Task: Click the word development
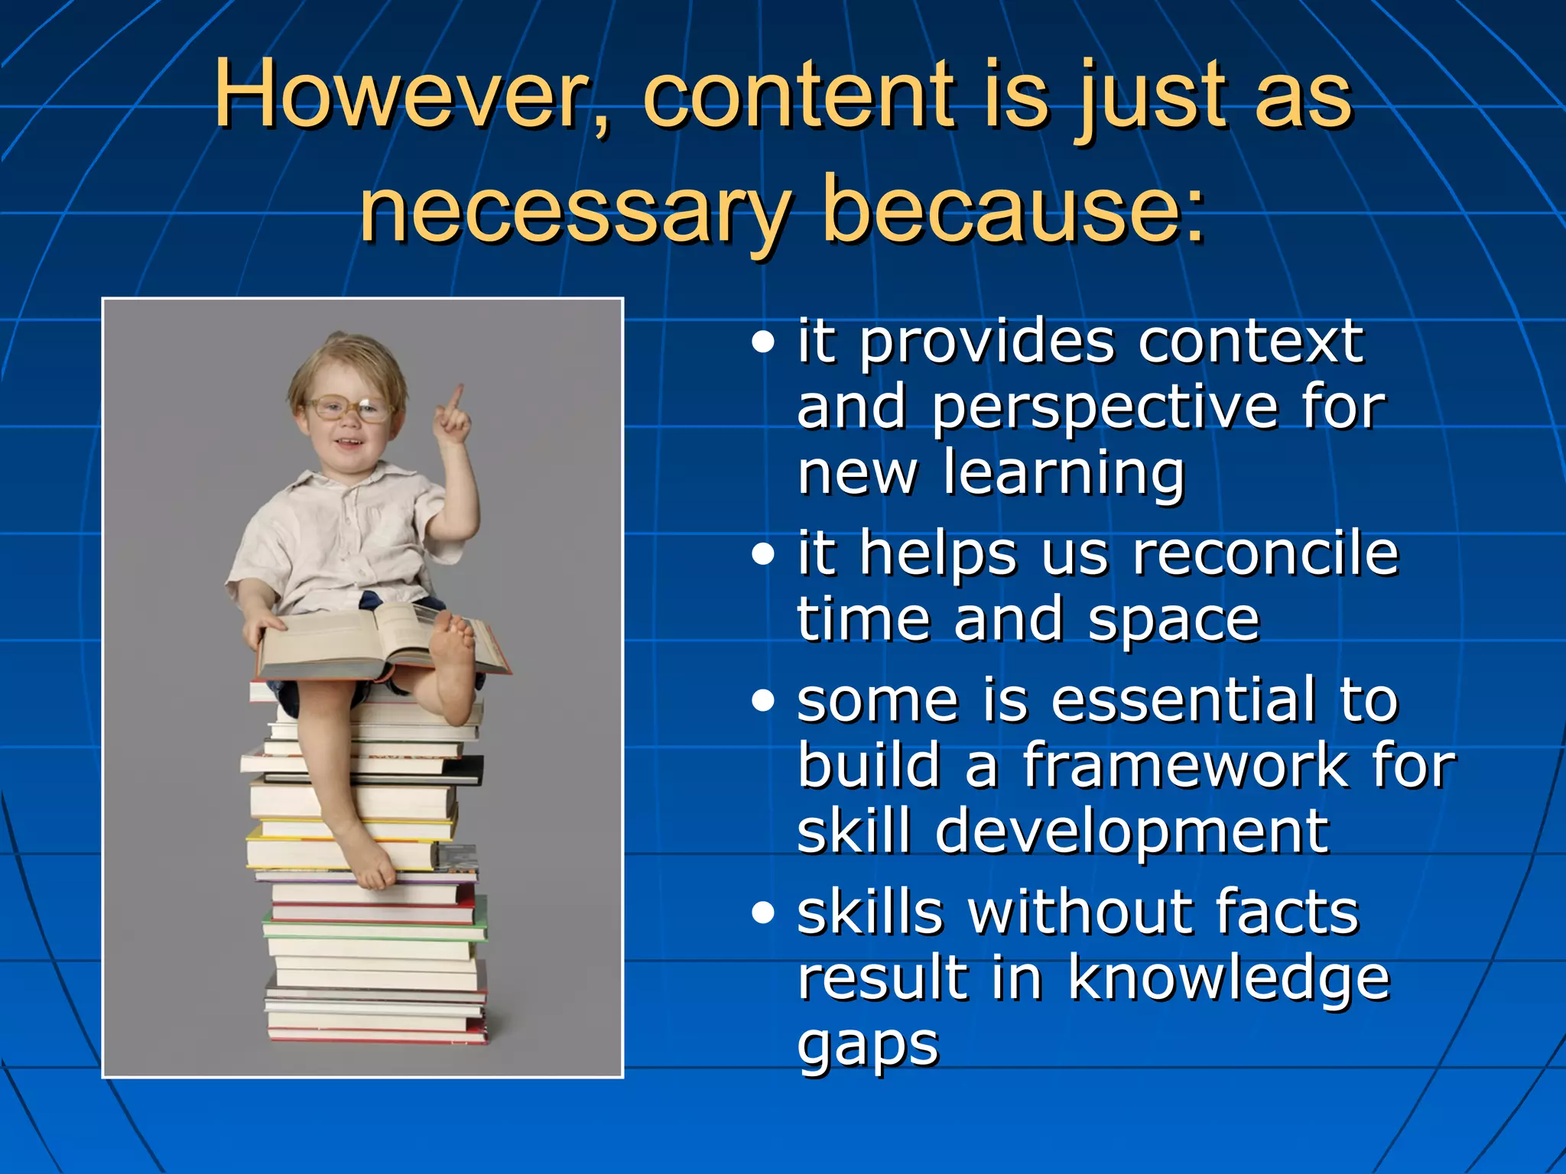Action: pyautogui.click(x=1132, y=832)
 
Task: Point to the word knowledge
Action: pyautogui.click(x=1228, y=978)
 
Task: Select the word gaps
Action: pyautogui.click(x=868, y=1046)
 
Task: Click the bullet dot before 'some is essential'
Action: pyautogui.click(x=762, y=700)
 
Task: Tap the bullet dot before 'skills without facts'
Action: pyautogui.click(x=762, y=913)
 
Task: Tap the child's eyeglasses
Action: pyautogui.click(x=348, y=409)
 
